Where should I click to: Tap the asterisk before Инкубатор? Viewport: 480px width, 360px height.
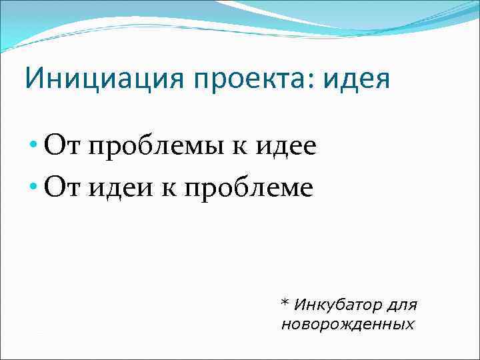click(x=285, y=305)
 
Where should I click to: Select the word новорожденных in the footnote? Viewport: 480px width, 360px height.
click(x=347, y=325)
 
